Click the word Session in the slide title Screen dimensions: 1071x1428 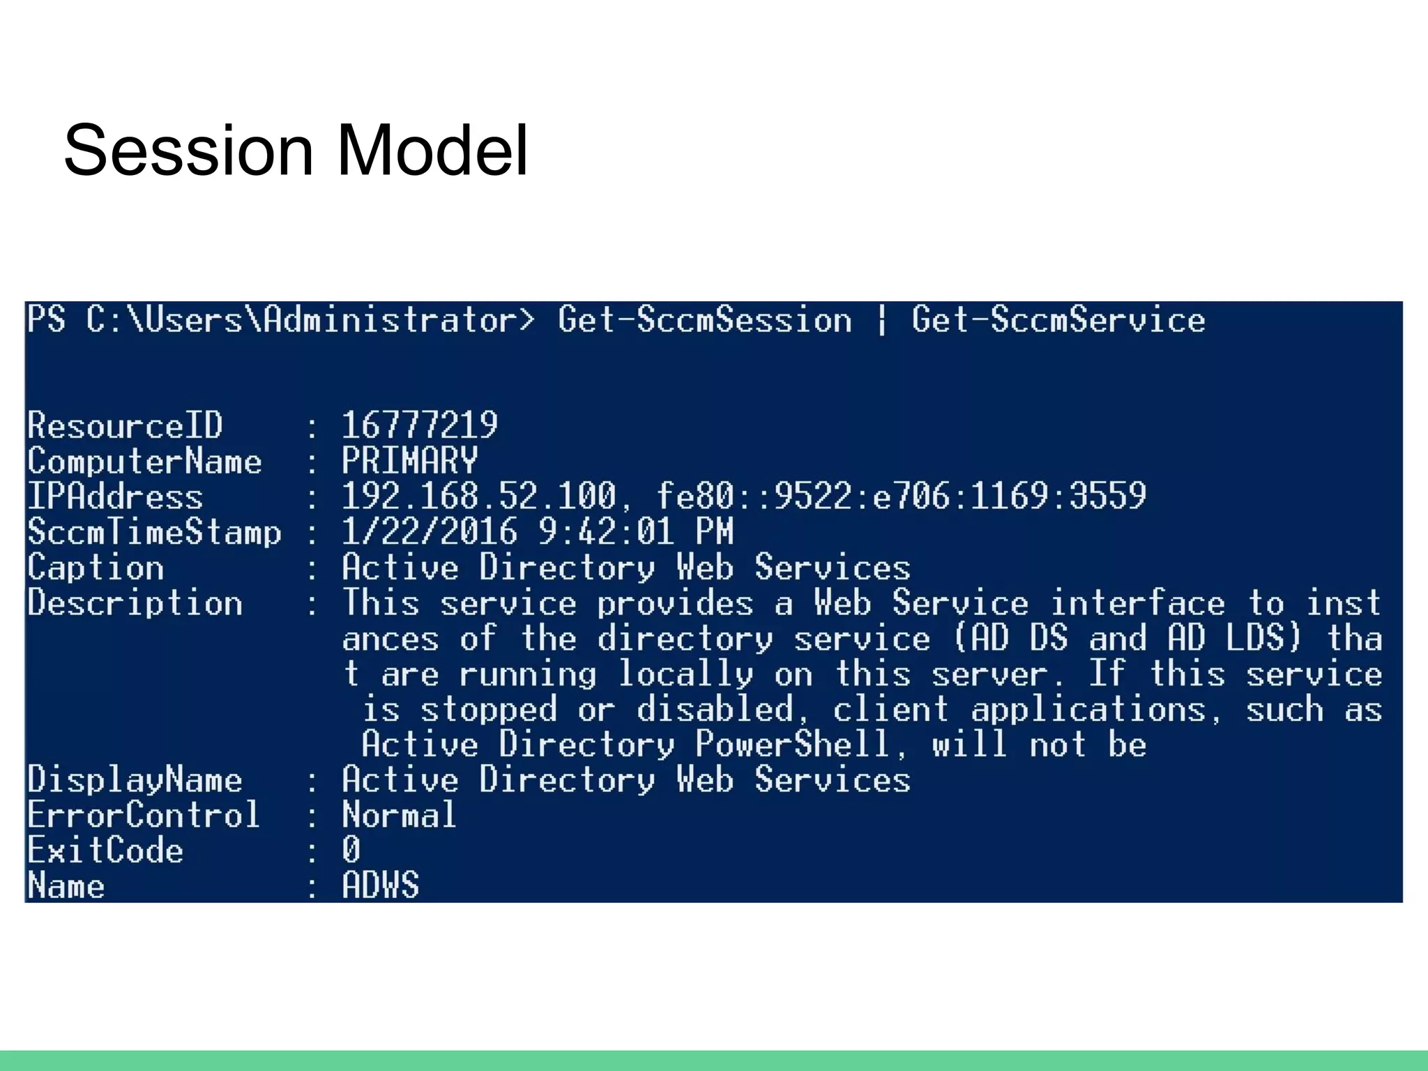click(x=188, y=151)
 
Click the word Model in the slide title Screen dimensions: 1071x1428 click(x=432, y=151)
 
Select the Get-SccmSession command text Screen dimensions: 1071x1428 click(x=704, y=321)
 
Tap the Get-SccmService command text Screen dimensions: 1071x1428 click(x=1058, y=321)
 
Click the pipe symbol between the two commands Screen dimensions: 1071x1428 click(x=881, y=321)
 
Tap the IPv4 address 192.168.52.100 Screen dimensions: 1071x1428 click(x=479, y=496)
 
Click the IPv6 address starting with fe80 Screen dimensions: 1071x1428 click(x=901, y=496)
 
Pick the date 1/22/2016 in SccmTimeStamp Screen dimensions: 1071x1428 click(x=430, y=532)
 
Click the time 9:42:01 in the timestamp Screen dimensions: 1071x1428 click(x=606, y=532)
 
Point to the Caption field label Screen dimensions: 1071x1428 click(x=96, y=568)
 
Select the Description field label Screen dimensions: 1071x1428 click(x=135, y=603)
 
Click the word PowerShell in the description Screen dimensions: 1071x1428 click(x=792, y=744)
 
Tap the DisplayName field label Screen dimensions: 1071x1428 click(x=135, y=780)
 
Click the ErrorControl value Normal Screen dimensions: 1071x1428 click(x=399, y=815)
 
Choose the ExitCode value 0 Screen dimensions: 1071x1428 click(x=351, y=850)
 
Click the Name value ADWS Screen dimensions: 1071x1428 click(x=380, y=886)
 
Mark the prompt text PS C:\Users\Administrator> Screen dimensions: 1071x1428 click(x=281, y=321)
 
